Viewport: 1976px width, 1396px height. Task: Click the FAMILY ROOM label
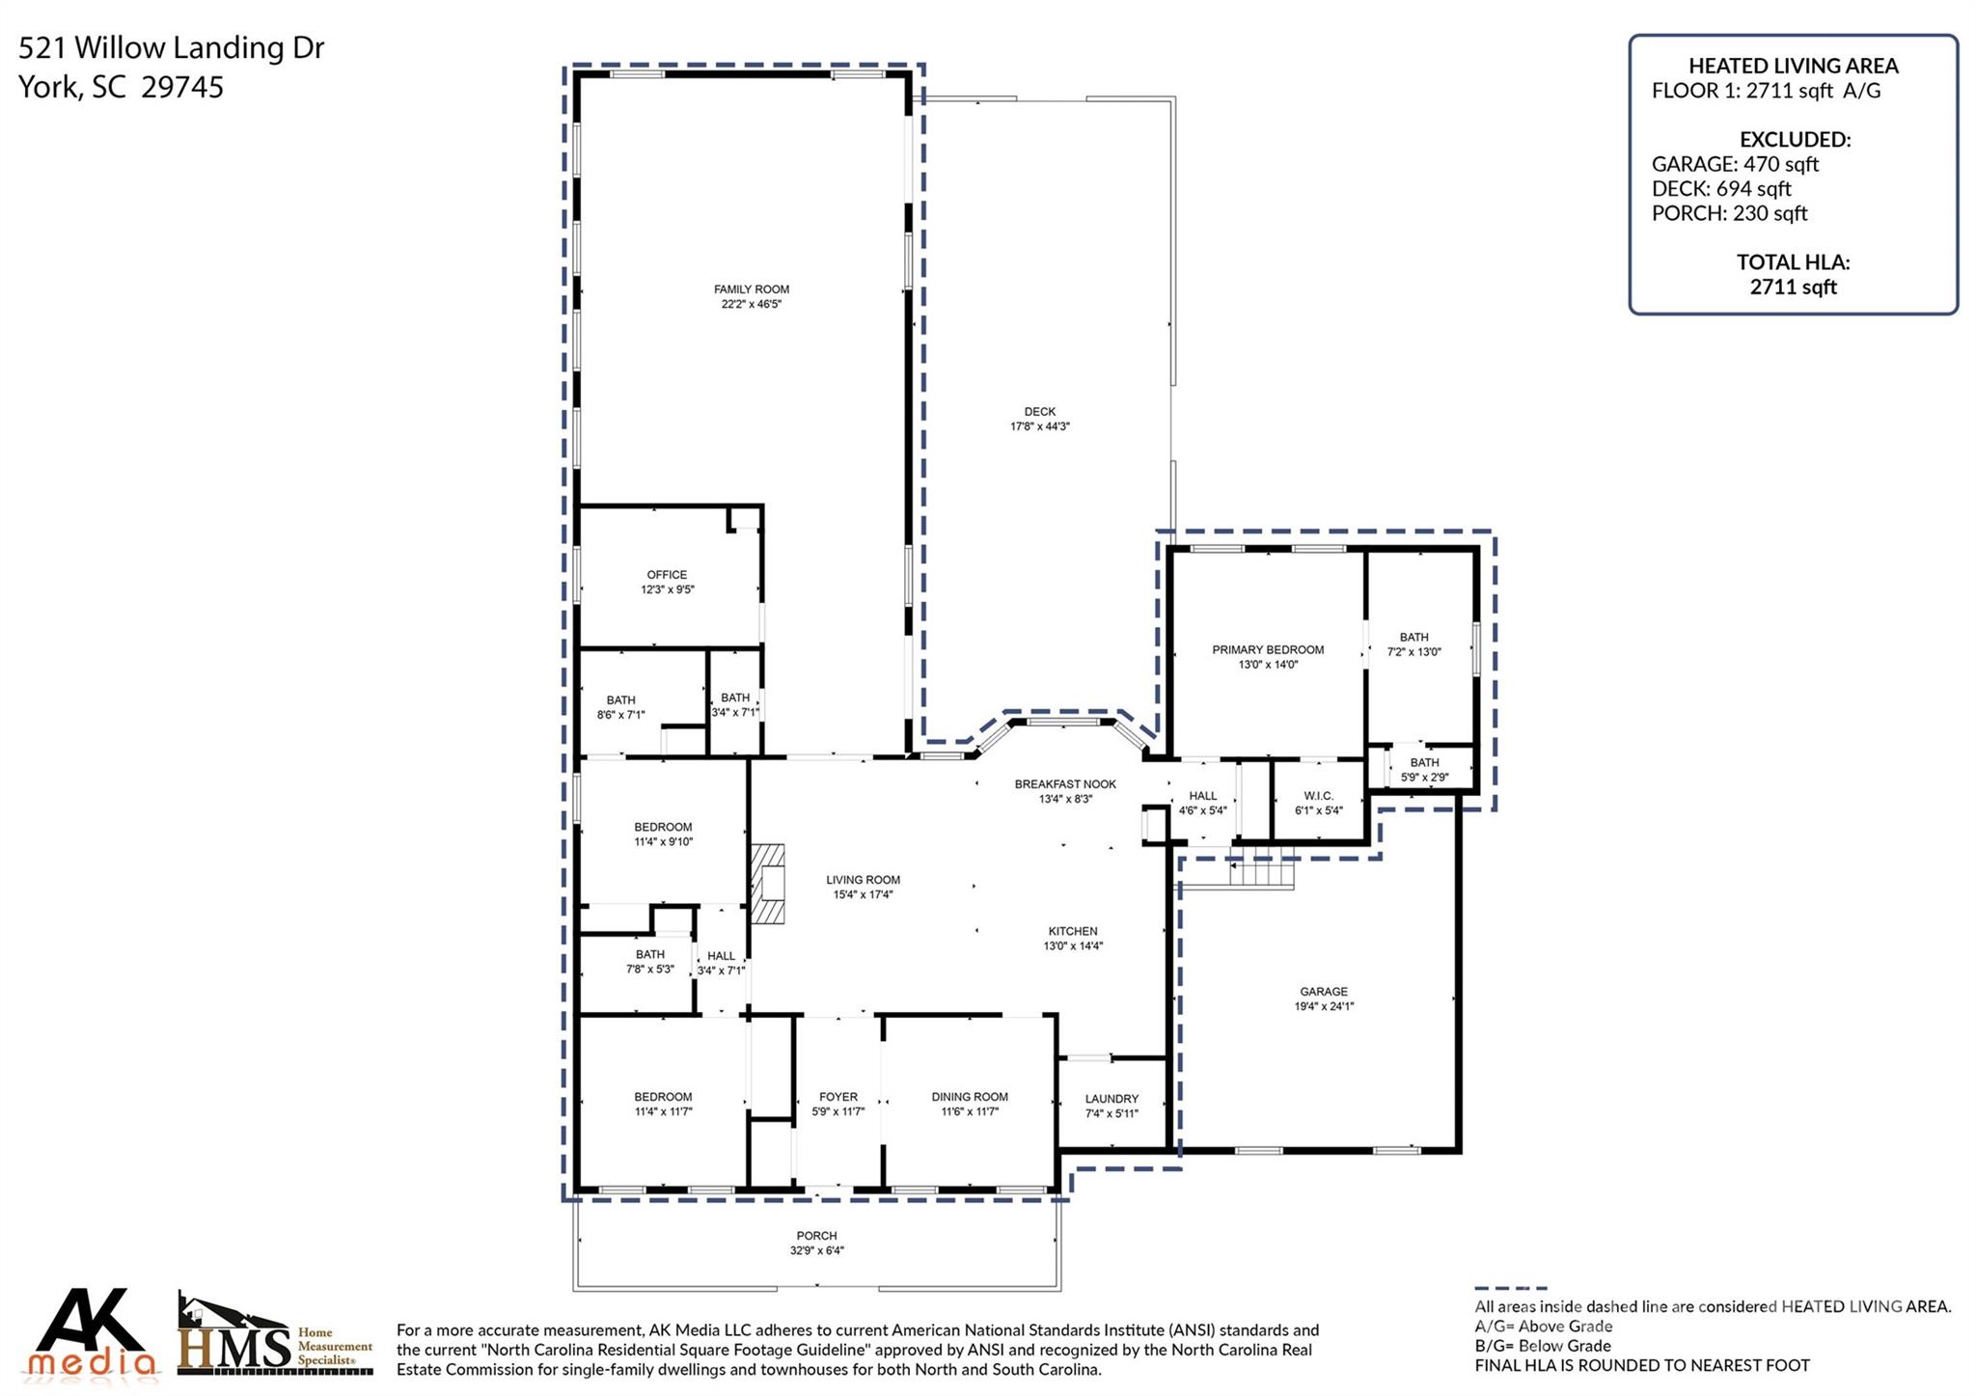coord(751,289)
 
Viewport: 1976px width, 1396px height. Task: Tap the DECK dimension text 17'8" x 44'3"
coord(1039,426)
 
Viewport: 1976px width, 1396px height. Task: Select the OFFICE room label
coord(667,575)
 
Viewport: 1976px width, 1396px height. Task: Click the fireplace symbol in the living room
coord(769,885)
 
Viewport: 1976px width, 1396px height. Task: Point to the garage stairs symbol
coord(1260,875)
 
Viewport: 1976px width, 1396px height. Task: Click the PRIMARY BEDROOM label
coord(1267,650)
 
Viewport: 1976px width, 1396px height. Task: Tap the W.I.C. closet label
coord(1318,796)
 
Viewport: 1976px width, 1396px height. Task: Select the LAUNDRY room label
coord(1111,1099)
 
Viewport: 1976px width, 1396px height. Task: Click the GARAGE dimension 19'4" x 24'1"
coord(1324,1006)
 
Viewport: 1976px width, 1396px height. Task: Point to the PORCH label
coord(816,1236)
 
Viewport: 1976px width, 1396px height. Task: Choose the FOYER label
coord(837,1097)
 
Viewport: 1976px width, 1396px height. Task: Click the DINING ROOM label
coord(969,1097)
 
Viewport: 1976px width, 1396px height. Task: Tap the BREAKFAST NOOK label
coord(1064,784)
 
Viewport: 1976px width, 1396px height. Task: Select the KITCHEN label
coord(1072,931)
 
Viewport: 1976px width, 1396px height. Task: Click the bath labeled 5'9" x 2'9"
coord(1424,778)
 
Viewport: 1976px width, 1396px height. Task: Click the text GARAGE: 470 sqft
coord(1735,164)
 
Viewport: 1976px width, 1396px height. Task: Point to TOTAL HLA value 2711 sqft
coord(1793,287)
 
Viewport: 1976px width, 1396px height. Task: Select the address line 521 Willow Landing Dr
coord(172,48)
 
